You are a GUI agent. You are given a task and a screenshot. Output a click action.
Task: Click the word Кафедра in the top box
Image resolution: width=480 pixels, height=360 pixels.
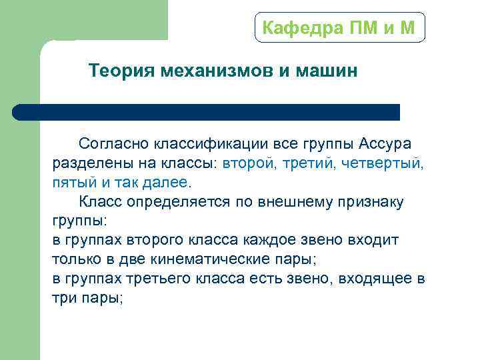[297, 28]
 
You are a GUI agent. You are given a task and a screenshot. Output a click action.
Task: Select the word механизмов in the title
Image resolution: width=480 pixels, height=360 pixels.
[216, 71]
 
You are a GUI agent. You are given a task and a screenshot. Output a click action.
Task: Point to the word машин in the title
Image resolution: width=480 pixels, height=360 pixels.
[327, 71]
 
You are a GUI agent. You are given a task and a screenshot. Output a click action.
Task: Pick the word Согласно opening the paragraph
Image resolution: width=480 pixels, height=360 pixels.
[114, 143]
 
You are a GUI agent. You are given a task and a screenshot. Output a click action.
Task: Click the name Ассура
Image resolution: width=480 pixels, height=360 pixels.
[385, 143]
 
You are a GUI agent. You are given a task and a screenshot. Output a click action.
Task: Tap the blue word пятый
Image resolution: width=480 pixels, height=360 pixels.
[71, 182]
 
